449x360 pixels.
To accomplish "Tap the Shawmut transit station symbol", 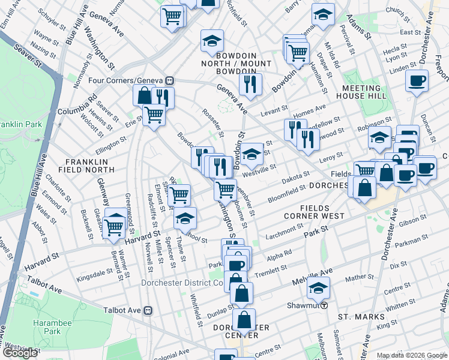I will pos(324,305).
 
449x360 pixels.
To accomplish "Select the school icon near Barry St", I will pos(323,16).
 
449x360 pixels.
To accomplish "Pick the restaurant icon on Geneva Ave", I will pos(249,85).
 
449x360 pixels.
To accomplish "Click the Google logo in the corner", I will pos(21,353).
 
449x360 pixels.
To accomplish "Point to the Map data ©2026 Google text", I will pos(411,355).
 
